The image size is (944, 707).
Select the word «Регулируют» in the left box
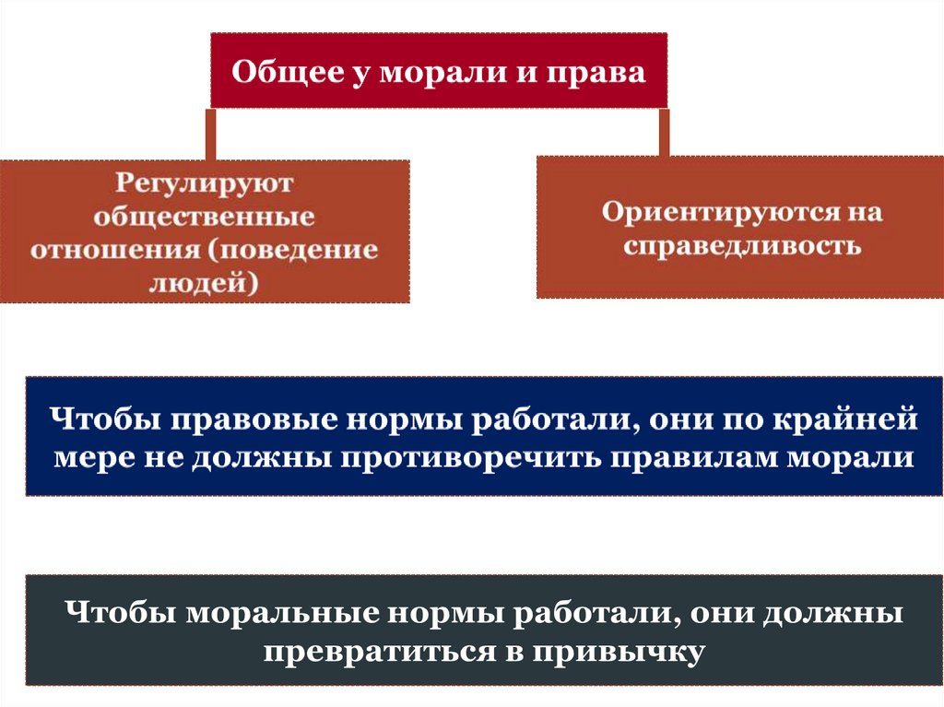pos(205,183)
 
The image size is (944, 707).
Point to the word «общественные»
pos(205,217)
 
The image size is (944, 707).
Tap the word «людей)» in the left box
pos(205,283)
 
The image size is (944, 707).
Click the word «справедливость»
pos(742,246)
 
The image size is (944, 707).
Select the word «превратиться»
pos(376,651)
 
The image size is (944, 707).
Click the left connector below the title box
pos(211,134)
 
